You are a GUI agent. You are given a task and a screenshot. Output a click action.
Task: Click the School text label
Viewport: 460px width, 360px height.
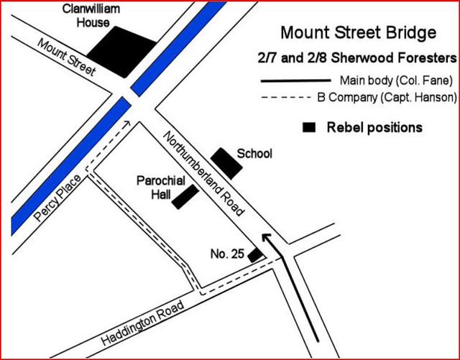[254, 154]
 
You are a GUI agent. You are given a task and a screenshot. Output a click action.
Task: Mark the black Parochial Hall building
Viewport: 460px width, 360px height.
[185, 197]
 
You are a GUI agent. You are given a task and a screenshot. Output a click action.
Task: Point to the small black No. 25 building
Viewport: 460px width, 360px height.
[254, 254]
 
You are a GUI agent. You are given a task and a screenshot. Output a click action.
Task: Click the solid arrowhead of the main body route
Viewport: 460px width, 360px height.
[267, 239]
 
